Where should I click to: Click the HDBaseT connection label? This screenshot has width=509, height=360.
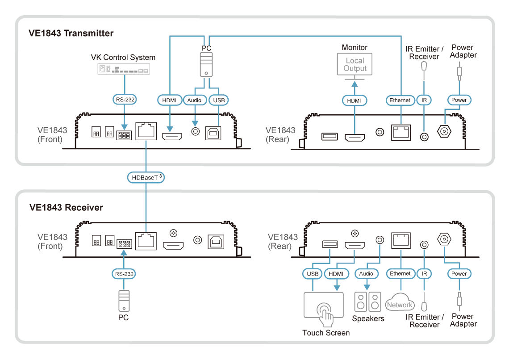[146, 178]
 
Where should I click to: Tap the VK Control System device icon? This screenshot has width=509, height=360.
[124, 69]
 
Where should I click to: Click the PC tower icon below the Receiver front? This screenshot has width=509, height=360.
[124, 301]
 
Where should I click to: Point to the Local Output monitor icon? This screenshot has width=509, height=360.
[355, 66]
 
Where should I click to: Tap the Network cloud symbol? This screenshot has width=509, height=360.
[400, 302]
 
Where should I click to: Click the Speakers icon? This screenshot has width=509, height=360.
[368, 301]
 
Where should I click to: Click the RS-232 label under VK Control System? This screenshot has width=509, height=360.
[125, 100]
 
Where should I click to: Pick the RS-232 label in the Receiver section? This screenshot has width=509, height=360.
[124, 274]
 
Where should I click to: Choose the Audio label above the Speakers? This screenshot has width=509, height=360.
[366, 274]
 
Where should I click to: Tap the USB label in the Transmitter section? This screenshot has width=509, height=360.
[219, 100]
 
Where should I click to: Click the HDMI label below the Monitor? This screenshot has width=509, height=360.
[354, 100]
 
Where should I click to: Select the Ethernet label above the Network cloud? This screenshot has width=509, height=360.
[400, 274]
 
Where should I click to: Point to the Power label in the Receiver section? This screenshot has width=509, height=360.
[459, 274]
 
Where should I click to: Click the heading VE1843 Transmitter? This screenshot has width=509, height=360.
[71, 33]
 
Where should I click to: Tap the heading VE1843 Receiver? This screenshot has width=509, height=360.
[66, 207]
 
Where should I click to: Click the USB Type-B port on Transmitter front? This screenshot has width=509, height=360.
[213, 133]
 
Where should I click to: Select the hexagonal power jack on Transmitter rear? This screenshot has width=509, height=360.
[444, 131]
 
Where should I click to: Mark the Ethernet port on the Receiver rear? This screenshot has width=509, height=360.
[401, 241]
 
